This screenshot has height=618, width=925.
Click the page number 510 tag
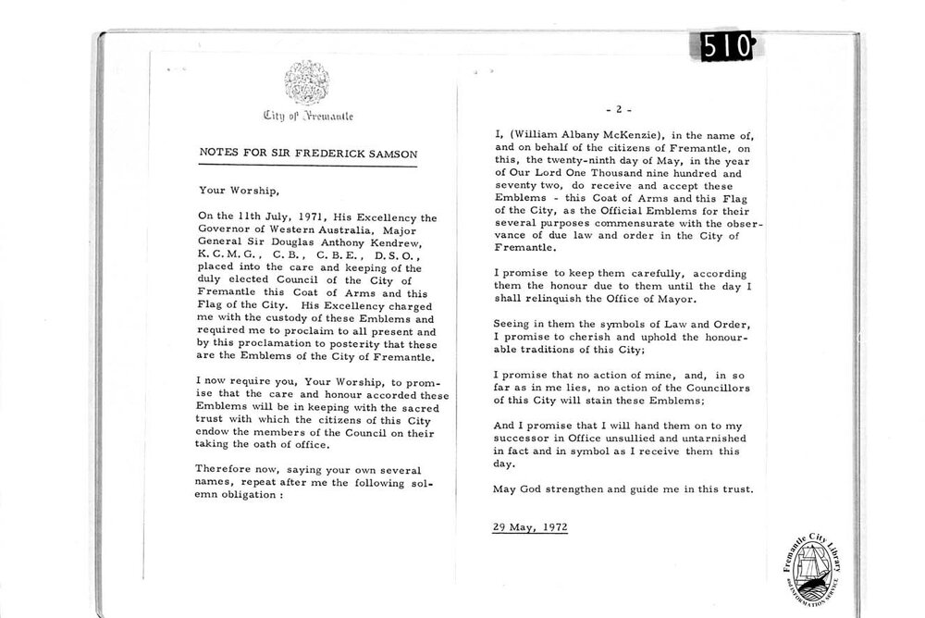click(x=728, y=47)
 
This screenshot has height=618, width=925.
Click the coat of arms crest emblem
click(x=305, y=83)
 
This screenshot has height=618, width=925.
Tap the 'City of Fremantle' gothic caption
click(x=307, y=117)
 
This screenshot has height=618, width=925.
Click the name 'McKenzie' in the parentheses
click(x=622, y=134)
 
